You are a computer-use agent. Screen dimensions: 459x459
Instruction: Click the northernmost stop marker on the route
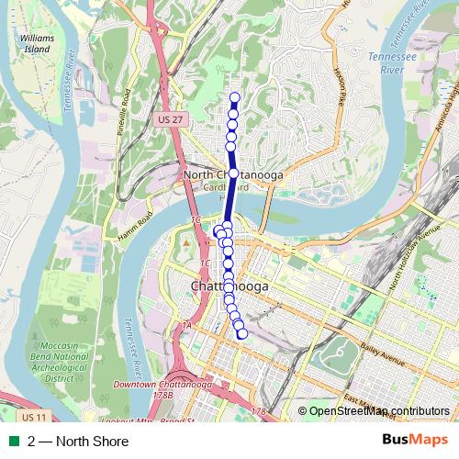(x=234, y=97)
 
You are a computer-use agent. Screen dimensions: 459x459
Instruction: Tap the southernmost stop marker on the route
(x=242, y=334)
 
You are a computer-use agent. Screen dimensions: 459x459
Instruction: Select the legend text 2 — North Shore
(x=78, y=442)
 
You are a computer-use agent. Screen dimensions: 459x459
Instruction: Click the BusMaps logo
(x=414, y=441)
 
